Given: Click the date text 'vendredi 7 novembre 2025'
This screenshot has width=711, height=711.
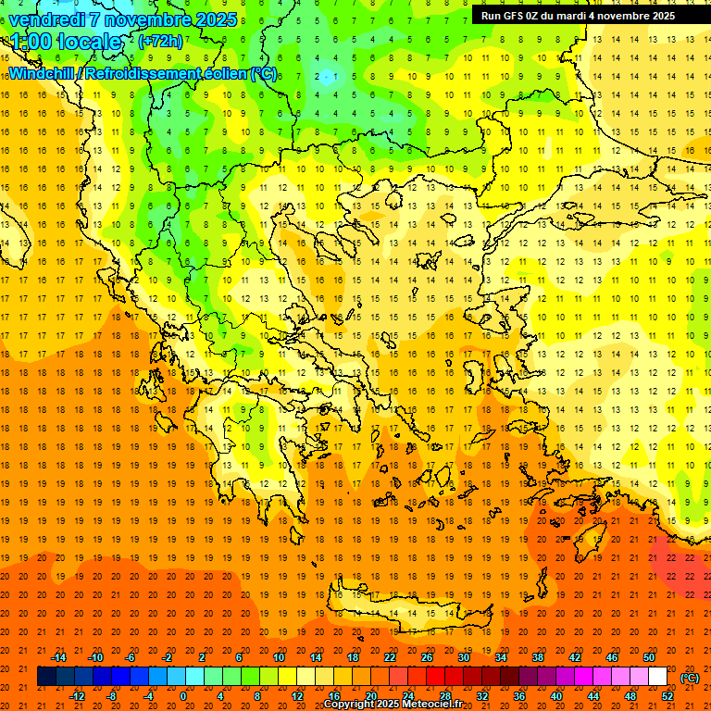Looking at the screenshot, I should (122, 19).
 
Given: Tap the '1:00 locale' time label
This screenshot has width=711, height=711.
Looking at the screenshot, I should (66, 42).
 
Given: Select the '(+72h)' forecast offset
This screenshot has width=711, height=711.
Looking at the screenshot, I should (160, 42).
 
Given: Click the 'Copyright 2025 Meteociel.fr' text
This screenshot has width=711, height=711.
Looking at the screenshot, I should (393, 705).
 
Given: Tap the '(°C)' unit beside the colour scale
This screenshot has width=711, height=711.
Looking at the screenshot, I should (690, 678).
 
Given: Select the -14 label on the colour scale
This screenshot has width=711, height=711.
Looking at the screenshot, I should (59, 657).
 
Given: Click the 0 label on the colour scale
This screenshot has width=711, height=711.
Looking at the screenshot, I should (182, 696).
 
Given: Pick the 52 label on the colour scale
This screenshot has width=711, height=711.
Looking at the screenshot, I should (667, 696).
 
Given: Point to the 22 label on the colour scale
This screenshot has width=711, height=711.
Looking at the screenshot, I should (390, 657).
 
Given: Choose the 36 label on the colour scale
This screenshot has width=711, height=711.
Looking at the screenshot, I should (519, 696).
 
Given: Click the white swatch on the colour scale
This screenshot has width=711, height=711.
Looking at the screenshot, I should (658, 677).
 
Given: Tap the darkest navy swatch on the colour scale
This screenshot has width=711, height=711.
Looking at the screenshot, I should (46, 677).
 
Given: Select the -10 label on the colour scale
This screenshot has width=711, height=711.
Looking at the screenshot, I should (95, 657).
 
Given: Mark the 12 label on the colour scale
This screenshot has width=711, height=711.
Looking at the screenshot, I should (297, 696).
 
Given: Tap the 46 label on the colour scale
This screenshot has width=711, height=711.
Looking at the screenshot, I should (612, 657).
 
